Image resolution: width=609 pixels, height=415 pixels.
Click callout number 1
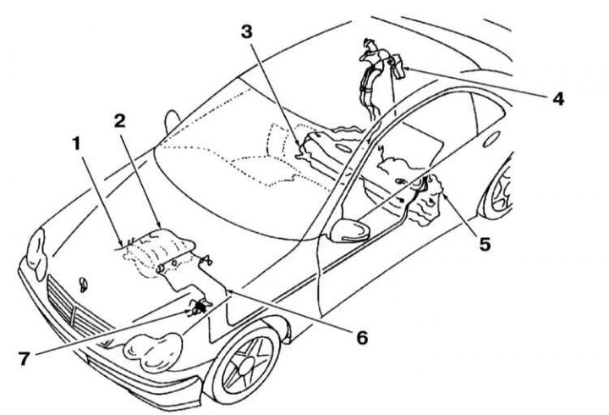click(x=76, y=143)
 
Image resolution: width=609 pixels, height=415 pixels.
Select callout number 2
click(x=119, y=121)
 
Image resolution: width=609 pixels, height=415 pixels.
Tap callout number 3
click(x=247, y=32)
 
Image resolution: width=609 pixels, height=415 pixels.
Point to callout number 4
click(x=558, y=99)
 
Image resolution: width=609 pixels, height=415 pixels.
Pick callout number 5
click(x=485, y=244)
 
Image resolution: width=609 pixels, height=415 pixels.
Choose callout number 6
click(x=362, y=338)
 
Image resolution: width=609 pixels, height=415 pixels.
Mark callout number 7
click(x=24, y=358)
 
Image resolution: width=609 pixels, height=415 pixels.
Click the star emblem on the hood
click(x=83, y=285)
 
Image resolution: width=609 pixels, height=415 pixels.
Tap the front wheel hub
click(x=246, y=366)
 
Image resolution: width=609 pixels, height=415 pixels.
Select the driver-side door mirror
click(x=349, y=231)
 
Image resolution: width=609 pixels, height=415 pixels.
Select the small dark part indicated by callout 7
click(x=200, y=307)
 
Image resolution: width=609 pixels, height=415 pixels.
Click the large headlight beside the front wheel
click(x=152, y=352)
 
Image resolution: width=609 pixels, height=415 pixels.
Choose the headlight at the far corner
click(x=37, y=255)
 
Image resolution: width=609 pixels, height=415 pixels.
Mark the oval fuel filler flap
click(x=491, y=139)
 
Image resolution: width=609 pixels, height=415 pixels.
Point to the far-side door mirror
click(x=172, y=121)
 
